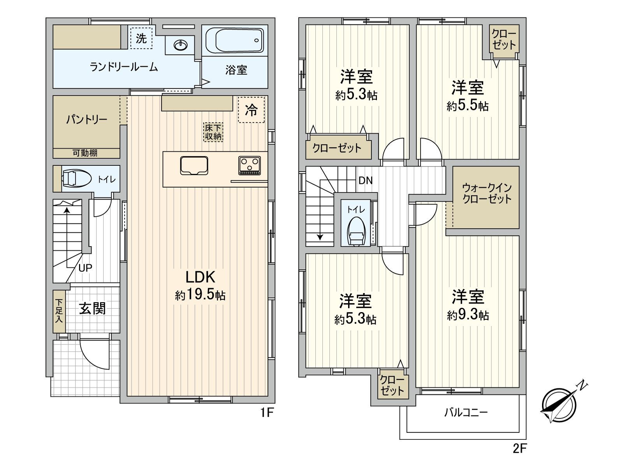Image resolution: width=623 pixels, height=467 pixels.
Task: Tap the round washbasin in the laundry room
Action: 180,46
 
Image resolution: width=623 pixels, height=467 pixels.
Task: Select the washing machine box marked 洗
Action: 141,38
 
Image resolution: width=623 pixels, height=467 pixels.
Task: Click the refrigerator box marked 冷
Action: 251,110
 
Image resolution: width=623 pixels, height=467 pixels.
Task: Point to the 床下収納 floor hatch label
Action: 213,132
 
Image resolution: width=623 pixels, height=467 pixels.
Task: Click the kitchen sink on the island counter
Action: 194,165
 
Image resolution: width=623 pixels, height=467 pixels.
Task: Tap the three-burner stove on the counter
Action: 250,165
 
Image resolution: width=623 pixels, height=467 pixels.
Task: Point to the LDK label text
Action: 200,277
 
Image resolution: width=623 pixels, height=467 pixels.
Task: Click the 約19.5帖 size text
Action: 200,295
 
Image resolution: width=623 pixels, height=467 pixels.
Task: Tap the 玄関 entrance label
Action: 93,309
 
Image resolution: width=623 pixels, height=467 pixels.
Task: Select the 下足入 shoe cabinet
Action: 59,311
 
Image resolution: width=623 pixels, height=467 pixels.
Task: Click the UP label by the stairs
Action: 85,268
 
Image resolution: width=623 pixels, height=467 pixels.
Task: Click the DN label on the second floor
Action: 365,181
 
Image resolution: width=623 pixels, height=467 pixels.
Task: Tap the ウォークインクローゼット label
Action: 486,193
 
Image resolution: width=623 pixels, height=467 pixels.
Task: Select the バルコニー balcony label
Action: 466,412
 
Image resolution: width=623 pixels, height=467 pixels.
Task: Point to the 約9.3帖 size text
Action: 468,314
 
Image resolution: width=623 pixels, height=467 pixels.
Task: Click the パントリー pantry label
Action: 86,119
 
